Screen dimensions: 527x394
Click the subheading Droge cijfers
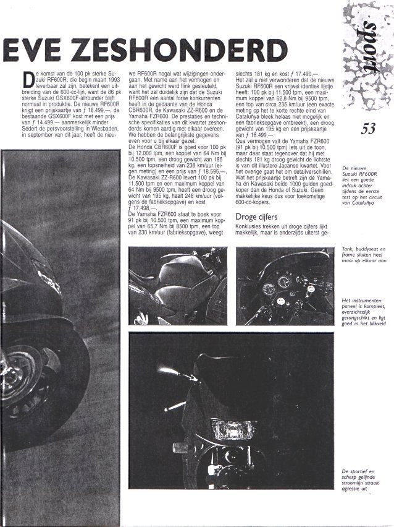tap(258, 217)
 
